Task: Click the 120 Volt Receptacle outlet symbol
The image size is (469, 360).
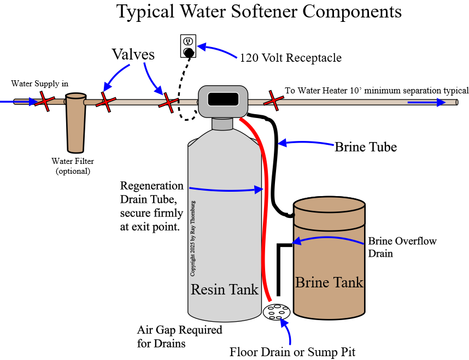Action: (188, 46)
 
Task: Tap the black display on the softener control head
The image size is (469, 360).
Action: (223, 99)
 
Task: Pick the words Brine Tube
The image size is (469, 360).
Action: (365, 146)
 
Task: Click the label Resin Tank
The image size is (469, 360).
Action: (224, 289)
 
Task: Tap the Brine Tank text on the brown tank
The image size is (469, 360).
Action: (329, 282)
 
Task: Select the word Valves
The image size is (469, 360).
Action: (133, 55)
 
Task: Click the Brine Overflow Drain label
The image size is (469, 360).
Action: (402, 247)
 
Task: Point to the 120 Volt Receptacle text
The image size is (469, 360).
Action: (291, 57)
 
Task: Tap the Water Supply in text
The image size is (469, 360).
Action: (40, 84)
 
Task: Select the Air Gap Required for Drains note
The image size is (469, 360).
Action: (180, 337)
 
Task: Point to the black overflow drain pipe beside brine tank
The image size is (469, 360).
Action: (279, 268)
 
